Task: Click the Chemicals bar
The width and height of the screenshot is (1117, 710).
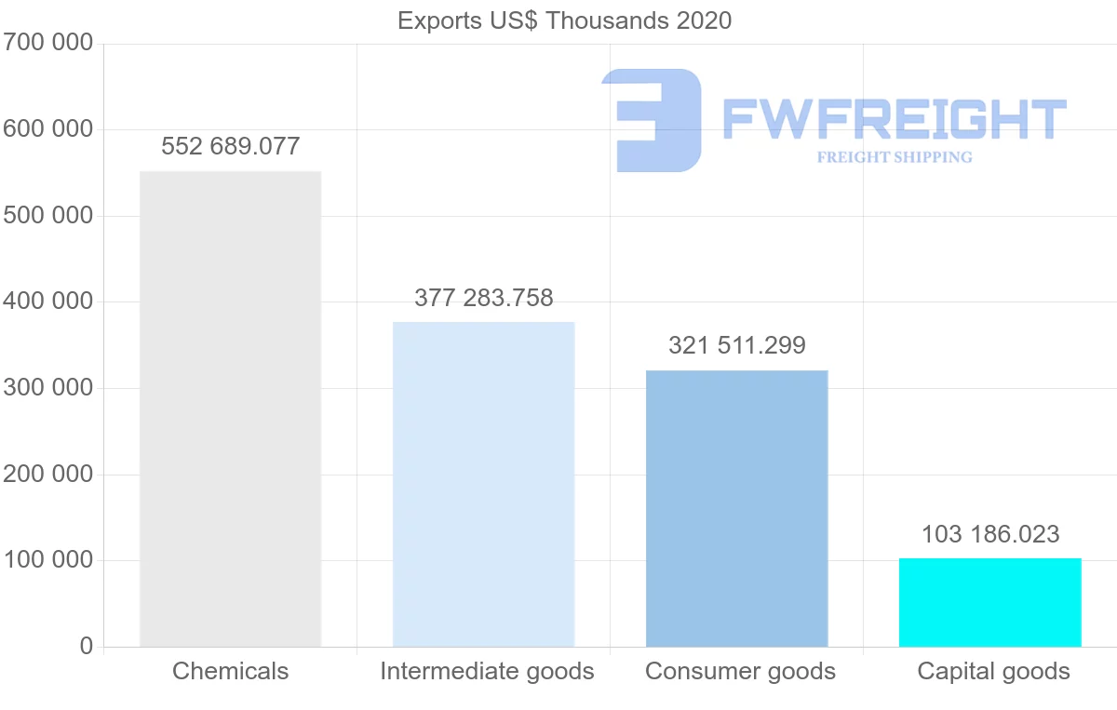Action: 230,409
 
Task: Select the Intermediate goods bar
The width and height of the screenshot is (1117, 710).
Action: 483,484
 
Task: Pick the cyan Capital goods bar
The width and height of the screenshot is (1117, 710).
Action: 989,602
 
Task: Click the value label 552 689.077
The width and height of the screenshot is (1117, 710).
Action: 230,146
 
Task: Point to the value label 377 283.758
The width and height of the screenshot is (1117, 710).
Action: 483,298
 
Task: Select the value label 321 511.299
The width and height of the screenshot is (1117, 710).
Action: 736,345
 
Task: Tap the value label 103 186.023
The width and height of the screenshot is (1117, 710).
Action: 989,534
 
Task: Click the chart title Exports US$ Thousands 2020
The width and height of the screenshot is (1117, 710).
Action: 564,20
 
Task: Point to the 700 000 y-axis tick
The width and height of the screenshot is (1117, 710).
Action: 47,43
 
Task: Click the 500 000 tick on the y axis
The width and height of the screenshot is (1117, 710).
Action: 47,215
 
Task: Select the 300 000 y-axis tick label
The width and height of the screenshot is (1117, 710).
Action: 47,387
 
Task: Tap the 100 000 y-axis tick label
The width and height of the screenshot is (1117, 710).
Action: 47,560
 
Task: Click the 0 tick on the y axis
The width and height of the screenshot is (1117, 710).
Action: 87,646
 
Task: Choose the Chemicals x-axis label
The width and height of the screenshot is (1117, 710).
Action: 230,671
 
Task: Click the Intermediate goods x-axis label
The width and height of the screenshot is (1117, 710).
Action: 486,671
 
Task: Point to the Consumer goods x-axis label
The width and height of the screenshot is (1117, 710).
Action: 740,671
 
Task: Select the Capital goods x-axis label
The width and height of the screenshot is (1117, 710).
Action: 993,671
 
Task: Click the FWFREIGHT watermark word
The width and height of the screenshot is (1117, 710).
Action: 894,119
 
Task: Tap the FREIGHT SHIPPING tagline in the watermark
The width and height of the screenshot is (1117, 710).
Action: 894,157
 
